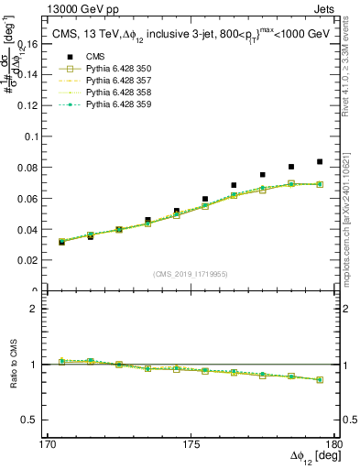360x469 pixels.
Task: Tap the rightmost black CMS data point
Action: click(320, 162)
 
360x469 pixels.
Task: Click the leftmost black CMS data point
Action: click(61, 242)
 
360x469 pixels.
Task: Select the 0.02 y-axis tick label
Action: click(36, 261)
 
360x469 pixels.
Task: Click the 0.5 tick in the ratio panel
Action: click(38, 420)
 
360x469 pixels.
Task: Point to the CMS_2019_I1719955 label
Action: click(191, 273)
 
